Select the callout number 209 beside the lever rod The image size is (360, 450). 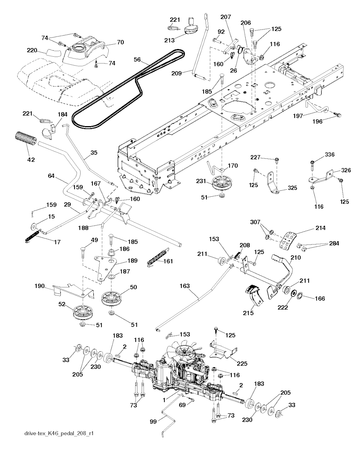pos(176,73)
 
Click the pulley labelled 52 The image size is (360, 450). pos(83,312)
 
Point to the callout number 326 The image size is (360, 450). pos(336,171)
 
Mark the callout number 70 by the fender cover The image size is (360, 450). pos(120,43)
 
